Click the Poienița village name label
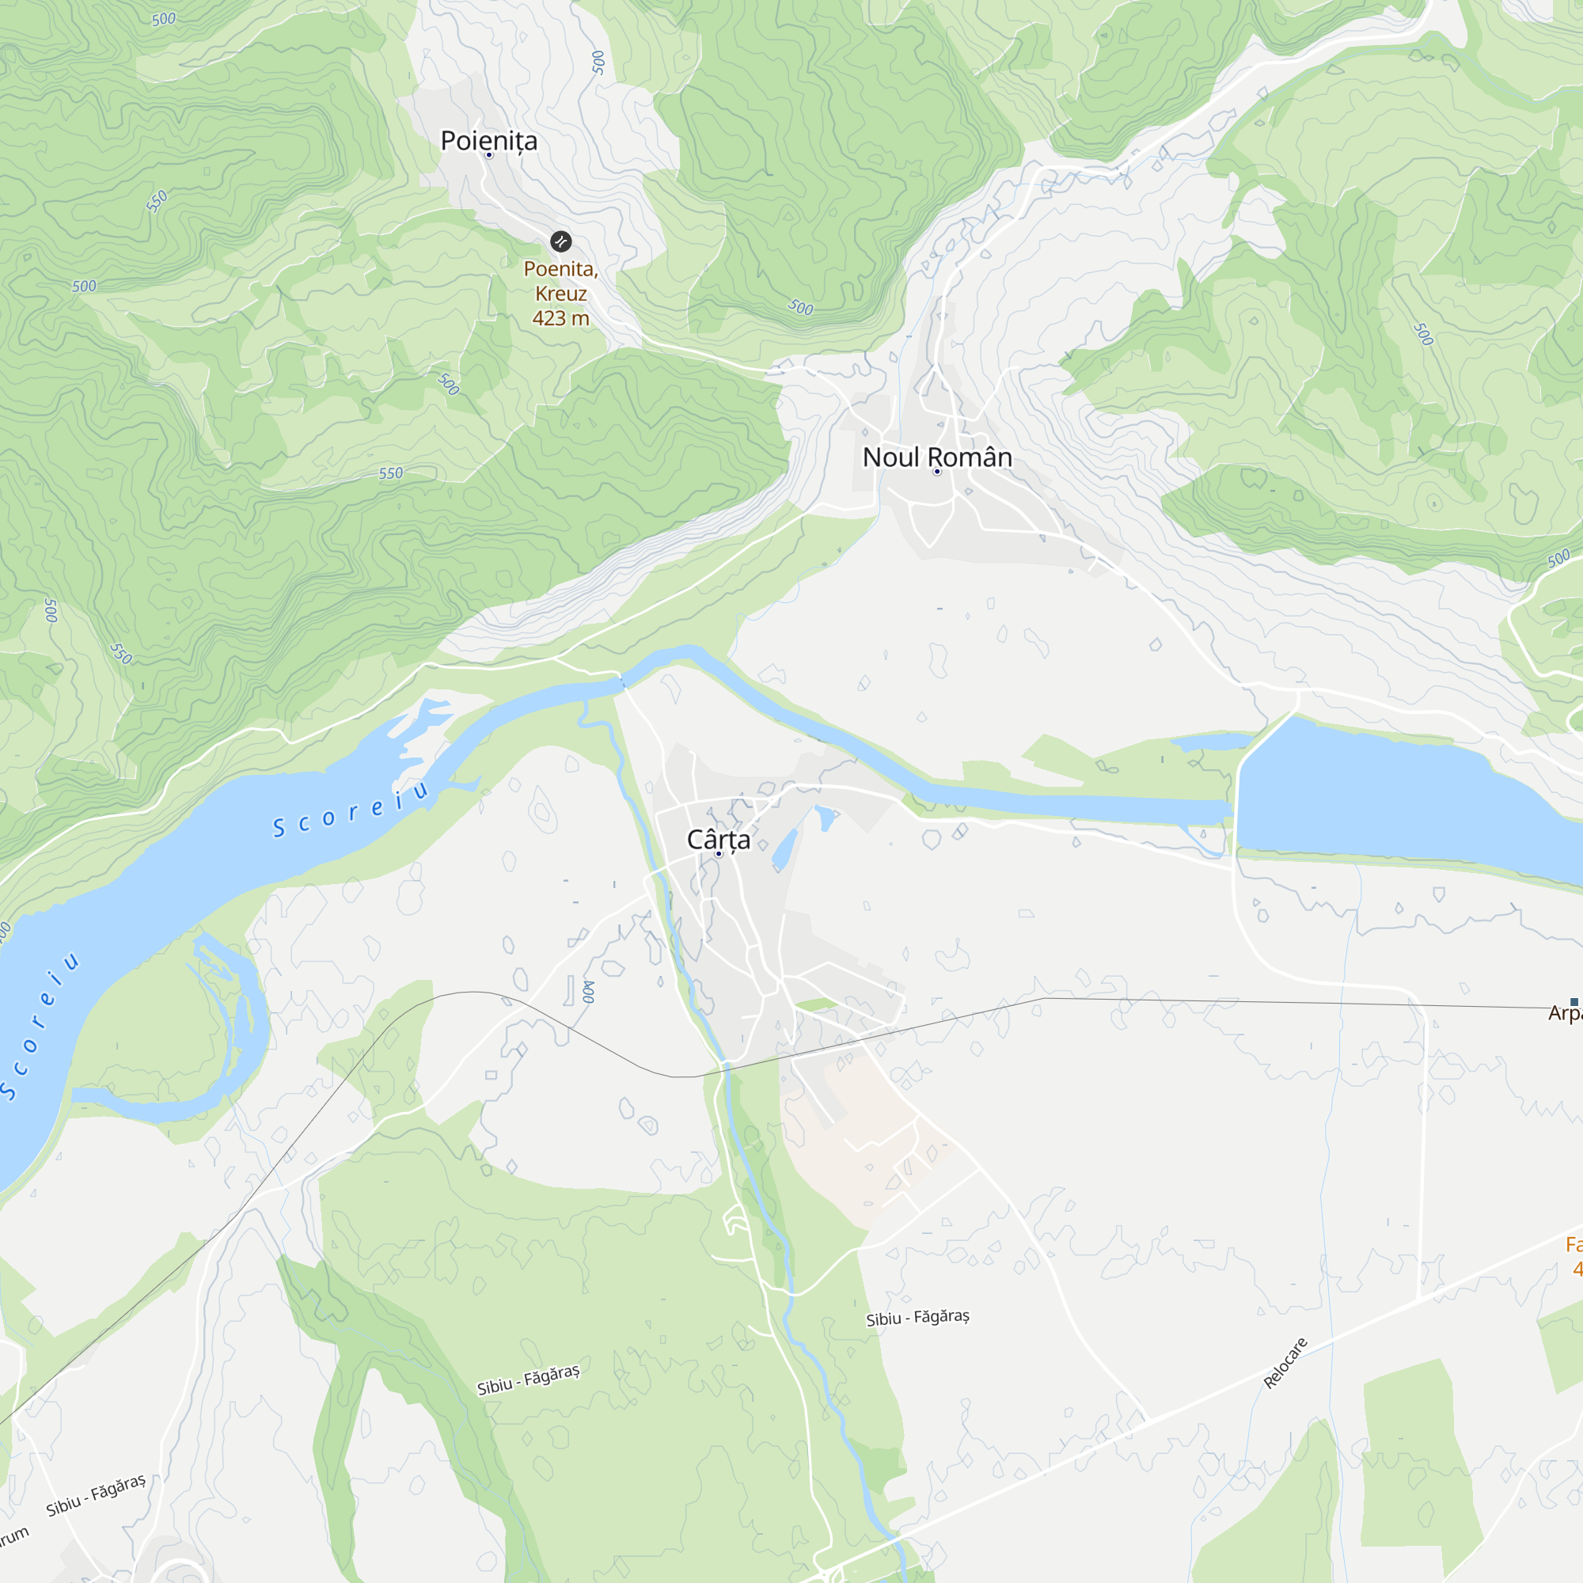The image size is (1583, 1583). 489,141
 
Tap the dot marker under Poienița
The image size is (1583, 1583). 489,155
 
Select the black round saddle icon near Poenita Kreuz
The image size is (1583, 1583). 560,241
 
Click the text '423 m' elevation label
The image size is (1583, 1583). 560,319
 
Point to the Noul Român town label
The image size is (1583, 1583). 937,457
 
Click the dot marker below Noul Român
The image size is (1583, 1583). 937,472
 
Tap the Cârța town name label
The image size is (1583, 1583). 719,840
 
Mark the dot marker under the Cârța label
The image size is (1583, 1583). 719,854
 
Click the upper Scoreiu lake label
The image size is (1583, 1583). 351,812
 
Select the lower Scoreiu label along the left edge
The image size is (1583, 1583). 40,1025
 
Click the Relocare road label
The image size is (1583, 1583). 1285,1364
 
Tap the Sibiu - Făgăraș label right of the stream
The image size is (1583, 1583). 917,1318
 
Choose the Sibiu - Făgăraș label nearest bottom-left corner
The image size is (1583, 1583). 96,1496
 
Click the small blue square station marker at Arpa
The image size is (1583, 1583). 1574,1002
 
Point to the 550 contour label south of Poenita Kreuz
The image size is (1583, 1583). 391,473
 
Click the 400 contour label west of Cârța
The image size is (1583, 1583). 588,992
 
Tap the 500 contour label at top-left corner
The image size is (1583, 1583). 164,19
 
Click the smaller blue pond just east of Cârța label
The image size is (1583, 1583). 785,848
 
